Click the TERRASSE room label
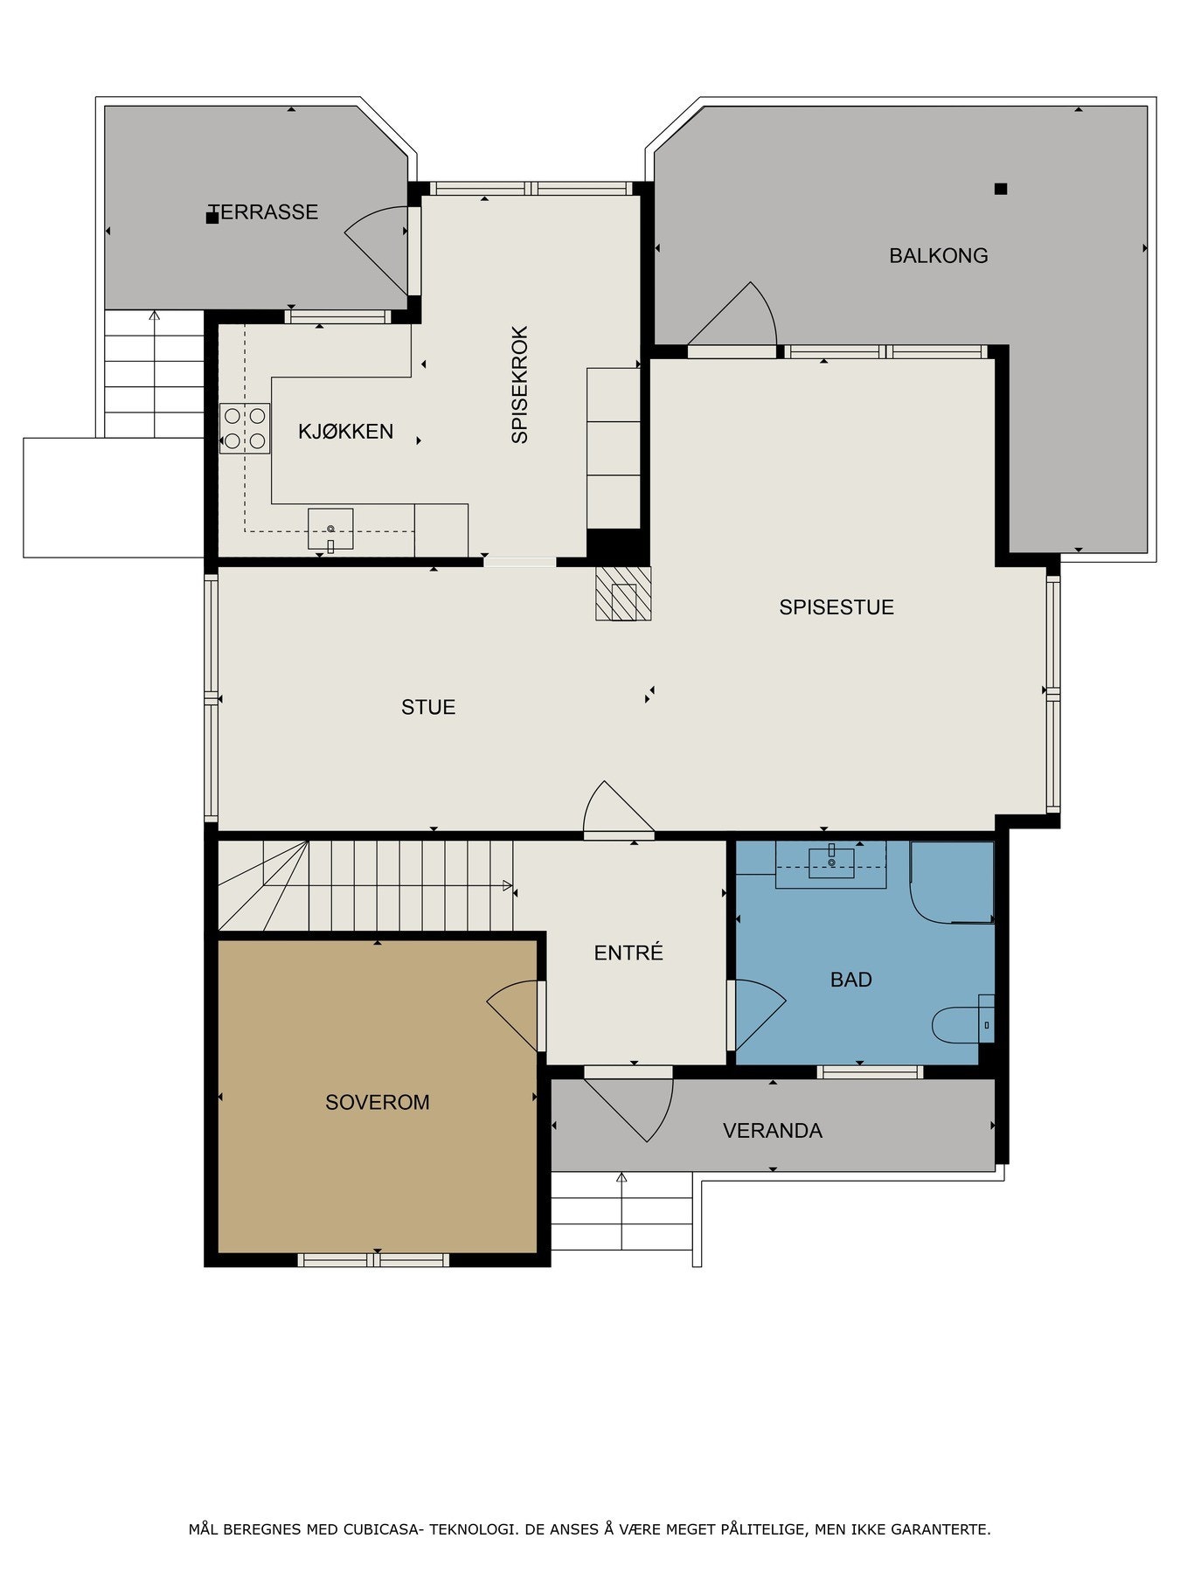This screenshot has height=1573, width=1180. (263, 212)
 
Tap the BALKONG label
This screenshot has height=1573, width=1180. (939, 256)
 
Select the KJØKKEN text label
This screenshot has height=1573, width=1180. (346, 431)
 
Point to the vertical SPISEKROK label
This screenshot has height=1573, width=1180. (520, 385)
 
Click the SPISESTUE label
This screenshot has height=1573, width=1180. (836, 607)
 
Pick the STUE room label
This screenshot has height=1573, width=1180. (428, 707)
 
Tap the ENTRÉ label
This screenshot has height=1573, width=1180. (628, 953)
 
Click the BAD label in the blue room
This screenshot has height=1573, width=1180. (851, 980)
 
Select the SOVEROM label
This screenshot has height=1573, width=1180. (378, 1103)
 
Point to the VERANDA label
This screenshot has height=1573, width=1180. (773, 1131)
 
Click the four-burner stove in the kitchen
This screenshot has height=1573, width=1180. (245, 428)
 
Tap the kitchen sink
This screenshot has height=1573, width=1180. (330, 530)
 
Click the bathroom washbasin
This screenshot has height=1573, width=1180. (831, 862)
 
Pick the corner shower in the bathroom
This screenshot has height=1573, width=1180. (952, 883)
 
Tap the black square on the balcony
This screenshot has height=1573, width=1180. (1001, 189)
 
